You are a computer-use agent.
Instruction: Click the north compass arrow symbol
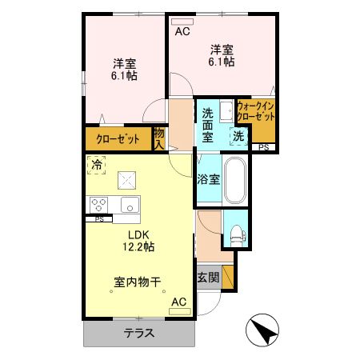(x=262, y=328)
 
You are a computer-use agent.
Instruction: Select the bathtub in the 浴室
(x=235, y=181)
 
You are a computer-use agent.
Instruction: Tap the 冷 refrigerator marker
(x=97, y=166)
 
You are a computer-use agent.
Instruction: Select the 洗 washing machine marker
(x=239, y=137)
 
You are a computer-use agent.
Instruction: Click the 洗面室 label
(x=211, y=126)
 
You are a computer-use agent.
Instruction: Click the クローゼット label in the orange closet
(x=118, y=139)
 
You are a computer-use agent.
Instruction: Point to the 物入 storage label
(x=159, y=138)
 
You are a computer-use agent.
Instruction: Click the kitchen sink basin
(x=128, y=204)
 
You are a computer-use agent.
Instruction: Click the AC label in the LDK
(x=178, y=302)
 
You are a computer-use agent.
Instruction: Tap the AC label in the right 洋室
(x=182, y=32)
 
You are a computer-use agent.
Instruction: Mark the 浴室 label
(x=209, y=178)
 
